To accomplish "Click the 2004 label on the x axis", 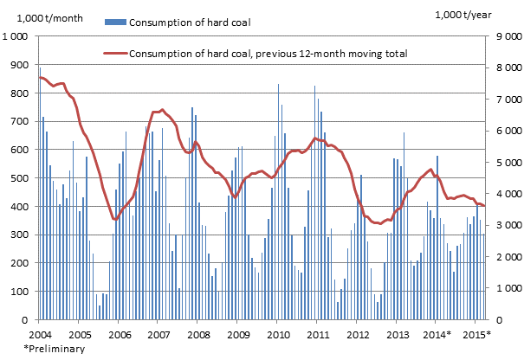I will pos(39,334).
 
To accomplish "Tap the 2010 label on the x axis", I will pos(277,334).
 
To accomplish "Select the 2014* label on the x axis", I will pos(437,334).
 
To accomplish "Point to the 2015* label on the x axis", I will pos(476,334).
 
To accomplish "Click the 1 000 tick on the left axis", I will pos(16,37).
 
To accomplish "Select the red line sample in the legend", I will pos(114,54).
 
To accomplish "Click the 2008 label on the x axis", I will pos(197,334).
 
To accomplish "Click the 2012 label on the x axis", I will pos(357,334).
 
